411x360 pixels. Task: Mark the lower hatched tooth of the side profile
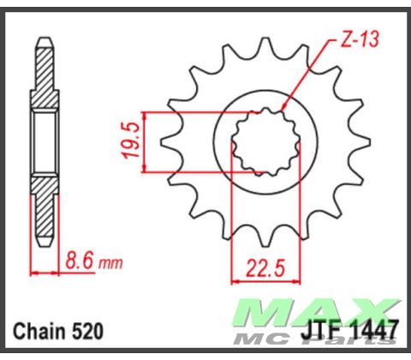(45, 214)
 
